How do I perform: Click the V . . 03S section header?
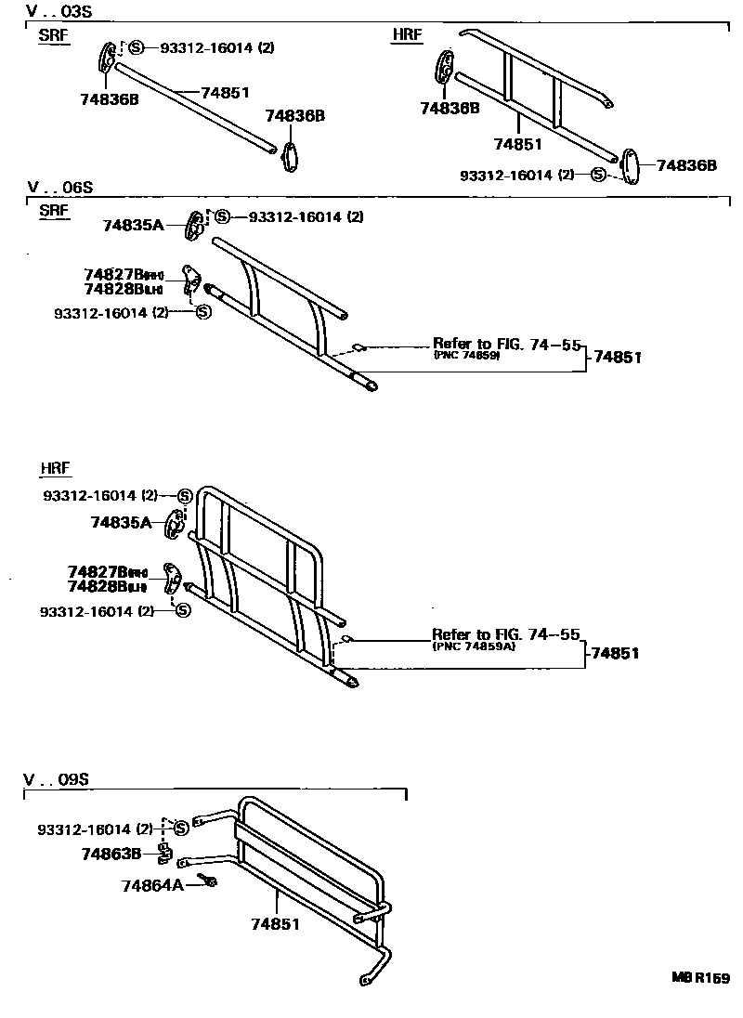[59, 12]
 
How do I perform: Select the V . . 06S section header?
[59, 188]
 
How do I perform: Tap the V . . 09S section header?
[61, 779]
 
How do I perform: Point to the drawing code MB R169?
[701, 978]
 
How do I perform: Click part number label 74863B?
[111, 853]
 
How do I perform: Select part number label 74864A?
[151, 885]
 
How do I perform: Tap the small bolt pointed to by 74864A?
[209, 881]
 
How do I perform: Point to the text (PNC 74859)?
[466, 356]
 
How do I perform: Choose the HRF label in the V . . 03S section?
[407, 35]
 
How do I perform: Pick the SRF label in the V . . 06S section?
[55, 210]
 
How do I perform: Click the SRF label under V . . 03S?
[55, 35]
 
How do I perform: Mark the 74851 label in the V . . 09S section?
[277, 924]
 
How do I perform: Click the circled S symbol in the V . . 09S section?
[182, 828]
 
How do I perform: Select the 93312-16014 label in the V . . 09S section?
[95, 829]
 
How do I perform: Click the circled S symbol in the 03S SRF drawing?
[136, 47]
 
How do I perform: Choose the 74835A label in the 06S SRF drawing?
[133, 225]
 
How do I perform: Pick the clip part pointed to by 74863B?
[163, 852]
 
